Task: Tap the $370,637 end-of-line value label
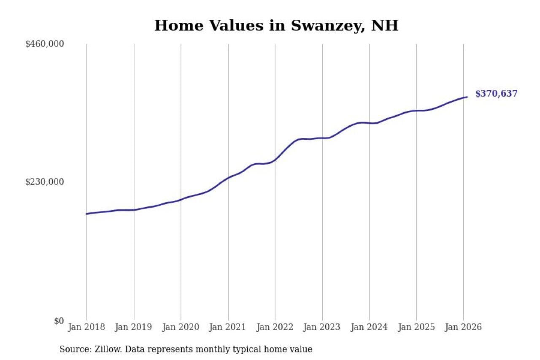tap(496, 94)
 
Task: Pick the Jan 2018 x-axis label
tap(86, 327)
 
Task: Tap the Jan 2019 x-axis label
tap(134, 327)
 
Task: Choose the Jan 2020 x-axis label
tap(181, 327)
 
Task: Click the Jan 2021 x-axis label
tap(228, 327)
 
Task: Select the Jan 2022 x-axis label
tap(275, 327)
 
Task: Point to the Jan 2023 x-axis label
tap(322, 327)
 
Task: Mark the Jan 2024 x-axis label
tap(369, 327)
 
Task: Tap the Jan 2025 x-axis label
tap(416, 327)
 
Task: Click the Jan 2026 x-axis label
tap(463, 327)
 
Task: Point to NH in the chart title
tap(384, 26)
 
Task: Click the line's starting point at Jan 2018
tap(86, 214)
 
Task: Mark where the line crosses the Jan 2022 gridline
tap(275, 160)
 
